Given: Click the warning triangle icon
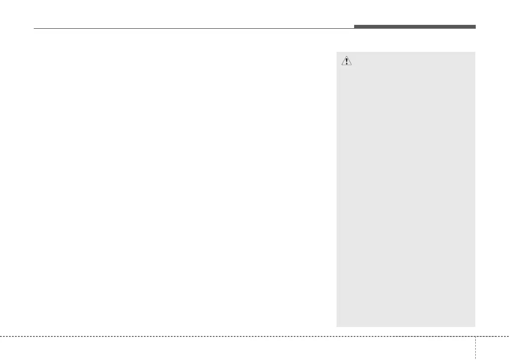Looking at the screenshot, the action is pos(346,61).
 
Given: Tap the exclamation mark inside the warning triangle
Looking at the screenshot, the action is pos(346,61).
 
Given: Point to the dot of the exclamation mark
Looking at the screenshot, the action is pos(346,64).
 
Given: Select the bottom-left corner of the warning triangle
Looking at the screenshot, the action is pos(341,65).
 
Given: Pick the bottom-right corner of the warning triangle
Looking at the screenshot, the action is pos(351,65).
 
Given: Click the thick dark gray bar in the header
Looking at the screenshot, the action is pos(415,27).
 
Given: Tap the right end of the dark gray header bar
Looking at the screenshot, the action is pos(475,27).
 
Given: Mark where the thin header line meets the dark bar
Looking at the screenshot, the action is pos(354,28).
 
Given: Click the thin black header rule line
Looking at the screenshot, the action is pos(193,29).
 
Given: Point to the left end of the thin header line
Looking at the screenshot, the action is pos(34,29).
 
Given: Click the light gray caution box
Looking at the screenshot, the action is pos(406,189).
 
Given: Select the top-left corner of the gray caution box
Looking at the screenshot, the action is pos(337,52).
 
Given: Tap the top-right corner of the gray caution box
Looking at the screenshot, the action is pos(475,52).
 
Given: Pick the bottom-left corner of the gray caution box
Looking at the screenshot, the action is pos(337,327).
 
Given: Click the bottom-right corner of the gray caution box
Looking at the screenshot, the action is pos(475,327).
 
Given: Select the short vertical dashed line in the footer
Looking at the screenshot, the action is pos(475,347).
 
